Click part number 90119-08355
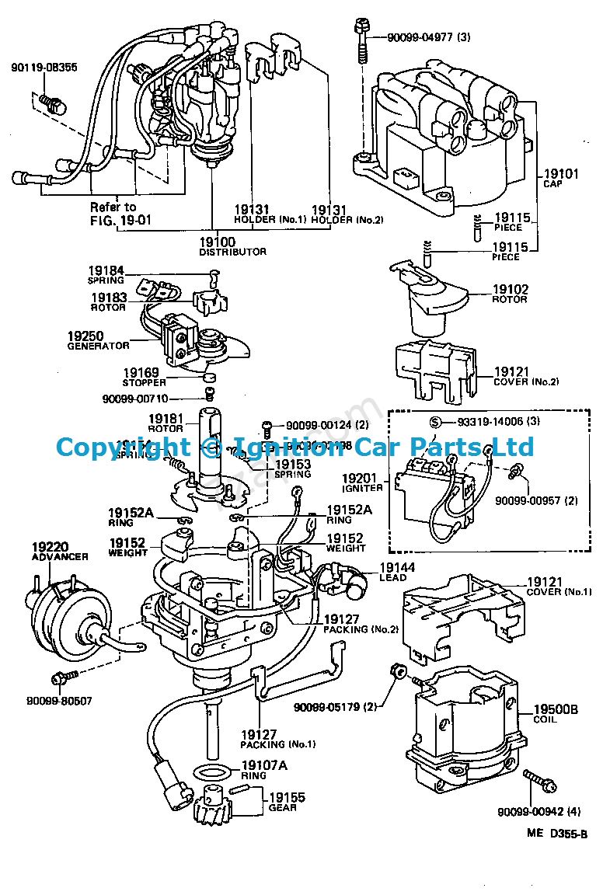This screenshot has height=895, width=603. coord(44,68)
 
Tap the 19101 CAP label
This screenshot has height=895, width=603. coord(561,179)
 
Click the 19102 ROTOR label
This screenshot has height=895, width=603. coord(510,294)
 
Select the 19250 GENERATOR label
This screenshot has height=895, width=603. coord(98,340)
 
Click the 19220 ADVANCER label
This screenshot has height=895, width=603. coord(59,551)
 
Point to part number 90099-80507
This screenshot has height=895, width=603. coord(60,700)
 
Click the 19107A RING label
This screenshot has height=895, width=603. coord(264,769)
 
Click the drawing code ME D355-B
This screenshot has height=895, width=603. coord(556,833)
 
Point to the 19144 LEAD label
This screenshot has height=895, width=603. coord(396,572)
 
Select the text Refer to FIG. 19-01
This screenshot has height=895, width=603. coord(117,212)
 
